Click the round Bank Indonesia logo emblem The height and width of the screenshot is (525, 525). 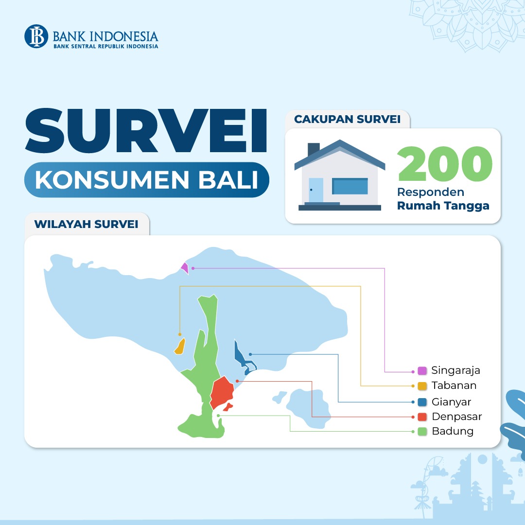pos(36,36)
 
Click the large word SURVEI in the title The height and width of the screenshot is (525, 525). pos(146,131)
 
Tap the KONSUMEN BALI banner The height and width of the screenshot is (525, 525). pos(147,180)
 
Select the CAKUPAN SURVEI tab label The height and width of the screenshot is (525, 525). pos(347,119)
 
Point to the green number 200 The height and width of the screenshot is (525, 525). pos(445,164)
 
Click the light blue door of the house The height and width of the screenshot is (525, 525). pos(316,190)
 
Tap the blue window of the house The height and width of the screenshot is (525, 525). pos(350,186)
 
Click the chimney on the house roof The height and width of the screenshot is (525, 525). pos(314,149)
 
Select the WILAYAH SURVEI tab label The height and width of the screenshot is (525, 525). pos(87,224)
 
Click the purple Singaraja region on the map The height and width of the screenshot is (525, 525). pos(185,267)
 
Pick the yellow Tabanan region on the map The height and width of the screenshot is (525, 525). pos(180,347)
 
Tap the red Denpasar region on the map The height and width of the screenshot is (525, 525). pos(222,392)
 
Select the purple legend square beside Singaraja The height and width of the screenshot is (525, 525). pos(422,370)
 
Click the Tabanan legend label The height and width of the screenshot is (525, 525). pos(454,385)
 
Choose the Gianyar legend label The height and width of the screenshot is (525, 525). pos(451,402)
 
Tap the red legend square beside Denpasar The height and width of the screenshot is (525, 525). pos(422,417)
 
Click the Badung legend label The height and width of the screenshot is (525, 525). pos(453,431)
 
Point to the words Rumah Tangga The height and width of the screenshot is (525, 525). pos(443,206)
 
